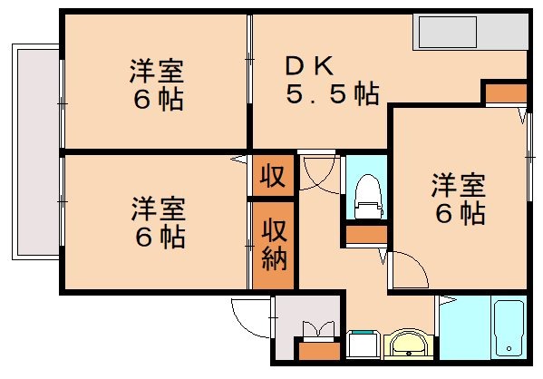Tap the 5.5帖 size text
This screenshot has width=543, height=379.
point(333,93)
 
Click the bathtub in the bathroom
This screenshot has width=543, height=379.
point(510,328)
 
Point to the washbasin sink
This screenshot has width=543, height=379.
point(409,346)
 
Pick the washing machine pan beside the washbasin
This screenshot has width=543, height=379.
point(364,346)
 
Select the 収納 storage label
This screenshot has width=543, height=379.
point(274,245)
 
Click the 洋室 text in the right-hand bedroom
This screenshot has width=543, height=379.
point(458,187)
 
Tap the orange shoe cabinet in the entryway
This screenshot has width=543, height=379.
point(318,351)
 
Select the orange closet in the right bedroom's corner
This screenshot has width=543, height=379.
point(504,92)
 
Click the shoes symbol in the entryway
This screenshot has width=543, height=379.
point(318,330)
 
